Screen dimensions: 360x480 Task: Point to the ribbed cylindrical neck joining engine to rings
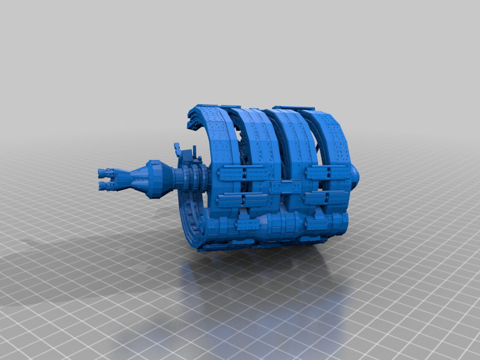click(191, 178)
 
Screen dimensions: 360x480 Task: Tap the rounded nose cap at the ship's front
click(355, 175)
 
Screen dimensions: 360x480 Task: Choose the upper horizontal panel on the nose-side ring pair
click(327, 173)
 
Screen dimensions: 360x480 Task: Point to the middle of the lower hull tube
click(282, 225)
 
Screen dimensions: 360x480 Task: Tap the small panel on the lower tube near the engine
click(246, 225)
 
